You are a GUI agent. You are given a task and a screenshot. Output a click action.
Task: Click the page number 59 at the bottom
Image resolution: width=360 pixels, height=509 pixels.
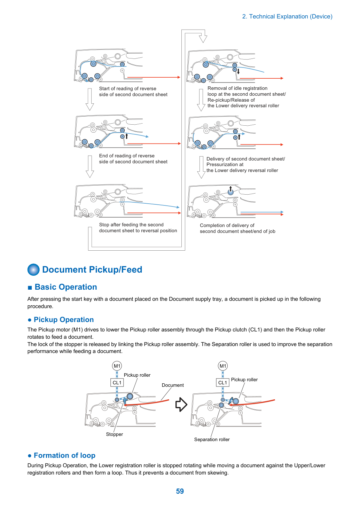(180, 491)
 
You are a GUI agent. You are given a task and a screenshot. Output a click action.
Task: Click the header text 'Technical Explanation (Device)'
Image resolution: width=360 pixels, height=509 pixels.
(291, 16)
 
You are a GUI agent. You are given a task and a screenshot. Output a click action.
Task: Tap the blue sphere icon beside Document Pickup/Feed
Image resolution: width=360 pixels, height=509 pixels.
(33, 270)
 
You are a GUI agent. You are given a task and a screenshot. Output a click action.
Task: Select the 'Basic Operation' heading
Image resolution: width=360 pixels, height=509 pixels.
(66, 287)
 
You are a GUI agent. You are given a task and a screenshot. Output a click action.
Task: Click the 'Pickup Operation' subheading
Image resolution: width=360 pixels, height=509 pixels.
(64, 320)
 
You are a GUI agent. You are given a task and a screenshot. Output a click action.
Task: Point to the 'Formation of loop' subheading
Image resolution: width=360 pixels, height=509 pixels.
(64, 455)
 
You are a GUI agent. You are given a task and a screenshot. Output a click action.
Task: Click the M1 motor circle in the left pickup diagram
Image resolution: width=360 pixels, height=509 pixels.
(117, 366)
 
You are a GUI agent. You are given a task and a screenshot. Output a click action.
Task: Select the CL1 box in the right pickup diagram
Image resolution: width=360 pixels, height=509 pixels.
(222, 383)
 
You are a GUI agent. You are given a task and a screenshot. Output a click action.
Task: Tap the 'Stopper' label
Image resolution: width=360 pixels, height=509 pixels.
(114, 434)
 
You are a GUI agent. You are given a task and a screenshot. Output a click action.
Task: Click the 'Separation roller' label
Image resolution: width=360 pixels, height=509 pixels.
(212, 439)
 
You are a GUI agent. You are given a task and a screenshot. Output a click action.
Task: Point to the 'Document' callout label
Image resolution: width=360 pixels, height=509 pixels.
(173, 385)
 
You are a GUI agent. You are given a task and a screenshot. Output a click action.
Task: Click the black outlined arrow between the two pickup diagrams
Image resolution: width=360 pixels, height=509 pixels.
(181, 405)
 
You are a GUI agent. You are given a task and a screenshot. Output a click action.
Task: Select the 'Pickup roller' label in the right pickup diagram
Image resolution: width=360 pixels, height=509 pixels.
(244, 380)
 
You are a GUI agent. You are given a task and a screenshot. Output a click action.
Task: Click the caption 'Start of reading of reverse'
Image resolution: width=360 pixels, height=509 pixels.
(127, 89)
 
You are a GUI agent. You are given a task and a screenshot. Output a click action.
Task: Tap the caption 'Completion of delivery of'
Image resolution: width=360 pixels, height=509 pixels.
(227, 225)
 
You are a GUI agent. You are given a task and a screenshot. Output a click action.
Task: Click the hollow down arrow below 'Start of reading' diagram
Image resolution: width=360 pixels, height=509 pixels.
(90, 99)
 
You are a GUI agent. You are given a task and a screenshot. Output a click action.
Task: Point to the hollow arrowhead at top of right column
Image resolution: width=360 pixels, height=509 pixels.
(203, 38)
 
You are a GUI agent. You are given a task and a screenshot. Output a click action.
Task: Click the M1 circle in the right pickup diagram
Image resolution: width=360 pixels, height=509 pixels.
(223, 366)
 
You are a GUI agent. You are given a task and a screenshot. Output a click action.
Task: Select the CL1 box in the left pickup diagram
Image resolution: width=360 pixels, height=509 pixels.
(117, 383)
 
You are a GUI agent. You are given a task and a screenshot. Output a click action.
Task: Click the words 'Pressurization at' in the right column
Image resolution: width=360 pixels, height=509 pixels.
(225, 165)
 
